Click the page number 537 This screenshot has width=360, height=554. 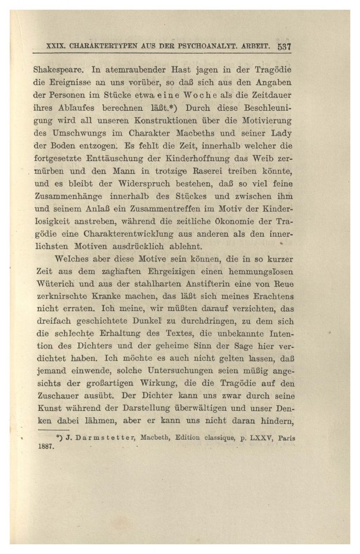286,46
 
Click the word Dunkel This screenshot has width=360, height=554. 145,320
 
